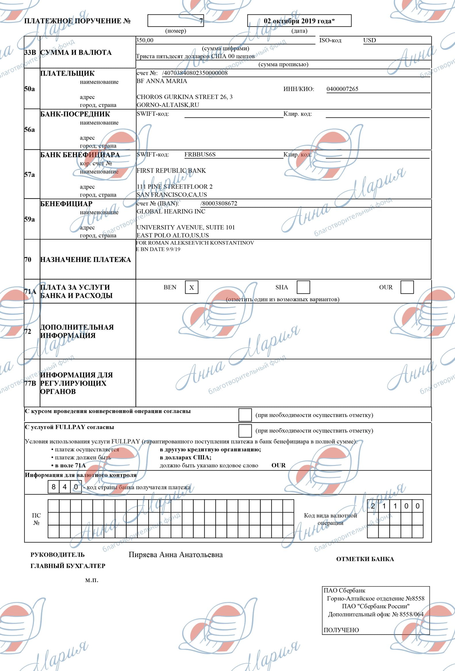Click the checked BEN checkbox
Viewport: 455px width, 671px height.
click(192, 287)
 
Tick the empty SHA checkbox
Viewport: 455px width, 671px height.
click(303, 287)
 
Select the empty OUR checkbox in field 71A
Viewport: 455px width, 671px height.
click(407, 287)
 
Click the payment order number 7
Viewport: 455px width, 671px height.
click(201, 21)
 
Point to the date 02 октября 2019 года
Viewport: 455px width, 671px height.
click(299, 21)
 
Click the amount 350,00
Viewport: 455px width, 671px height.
click(145, 41)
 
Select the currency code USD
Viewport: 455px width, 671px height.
click(369, 41)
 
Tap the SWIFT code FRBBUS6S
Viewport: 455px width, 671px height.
click(200, 154)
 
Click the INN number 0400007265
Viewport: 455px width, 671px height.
click(342, 89)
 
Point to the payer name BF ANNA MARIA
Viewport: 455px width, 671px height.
click(162, 81)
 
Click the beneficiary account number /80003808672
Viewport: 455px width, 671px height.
click(219, 204)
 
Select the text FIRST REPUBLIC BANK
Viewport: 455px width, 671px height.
click(171, 171)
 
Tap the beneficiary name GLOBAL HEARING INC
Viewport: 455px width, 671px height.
click(171, 211)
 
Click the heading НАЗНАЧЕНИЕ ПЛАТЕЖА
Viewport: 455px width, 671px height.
click(85, 259)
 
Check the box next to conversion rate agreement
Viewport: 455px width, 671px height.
click(245, 415)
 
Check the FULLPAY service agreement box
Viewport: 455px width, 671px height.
click(245, 431)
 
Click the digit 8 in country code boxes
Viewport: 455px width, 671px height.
click(53, 487)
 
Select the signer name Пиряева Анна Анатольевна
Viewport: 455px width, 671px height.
click(175, 555)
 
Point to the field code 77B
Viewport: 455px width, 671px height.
click(30, 383)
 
